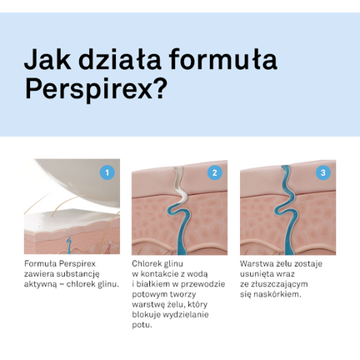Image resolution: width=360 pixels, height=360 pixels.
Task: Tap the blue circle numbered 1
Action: [106, 172]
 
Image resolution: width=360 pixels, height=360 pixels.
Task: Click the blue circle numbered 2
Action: [215, 172]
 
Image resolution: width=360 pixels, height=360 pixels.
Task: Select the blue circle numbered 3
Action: [323, 172]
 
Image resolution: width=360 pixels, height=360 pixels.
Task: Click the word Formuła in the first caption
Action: [41, 264]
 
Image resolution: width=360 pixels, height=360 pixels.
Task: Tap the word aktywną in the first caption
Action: [42, 284]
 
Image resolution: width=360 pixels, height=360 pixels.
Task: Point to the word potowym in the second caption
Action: [152, 294]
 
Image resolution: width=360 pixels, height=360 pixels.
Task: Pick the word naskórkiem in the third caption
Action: [276, 294]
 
